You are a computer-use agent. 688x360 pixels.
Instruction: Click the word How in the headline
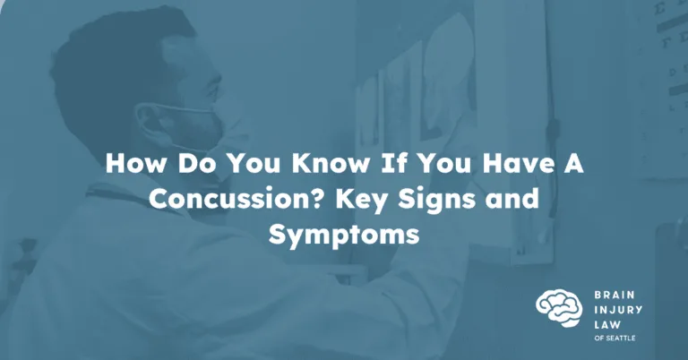136,163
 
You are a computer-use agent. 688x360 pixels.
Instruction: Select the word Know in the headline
331,163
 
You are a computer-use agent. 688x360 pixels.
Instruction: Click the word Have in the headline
516,163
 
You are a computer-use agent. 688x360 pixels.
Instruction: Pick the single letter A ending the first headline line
572,163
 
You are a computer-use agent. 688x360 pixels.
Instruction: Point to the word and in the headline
512,199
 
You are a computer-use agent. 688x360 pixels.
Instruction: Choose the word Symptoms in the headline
344,236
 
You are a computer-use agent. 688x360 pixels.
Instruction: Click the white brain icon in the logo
559,308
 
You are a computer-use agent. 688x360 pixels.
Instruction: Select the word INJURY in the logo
618,310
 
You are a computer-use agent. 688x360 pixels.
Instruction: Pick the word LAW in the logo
607,325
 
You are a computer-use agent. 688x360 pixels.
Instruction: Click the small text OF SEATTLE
615,339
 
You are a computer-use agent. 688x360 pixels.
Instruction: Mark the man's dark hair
114,65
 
